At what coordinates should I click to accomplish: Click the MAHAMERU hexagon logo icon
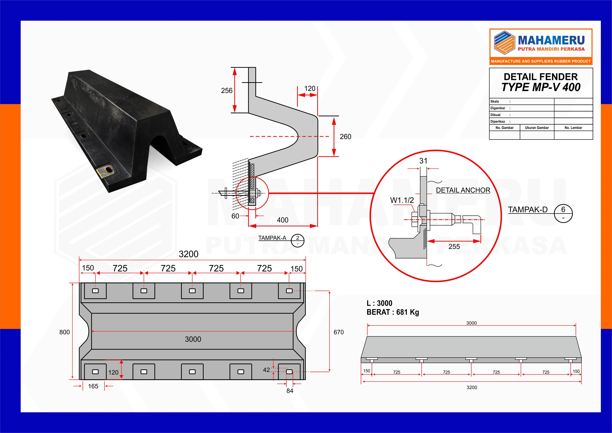(504, 43)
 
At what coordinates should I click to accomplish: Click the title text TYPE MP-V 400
(541, 87)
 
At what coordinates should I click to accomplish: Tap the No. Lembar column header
(573, 128)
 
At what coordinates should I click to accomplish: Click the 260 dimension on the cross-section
(346, 137)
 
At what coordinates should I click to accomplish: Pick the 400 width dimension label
(283, 220)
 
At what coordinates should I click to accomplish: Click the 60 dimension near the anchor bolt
(235, 216)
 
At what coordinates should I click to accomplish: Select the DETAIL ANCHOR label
(463, 190)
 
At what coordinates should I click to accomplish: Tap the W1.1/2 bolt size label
(402, 200)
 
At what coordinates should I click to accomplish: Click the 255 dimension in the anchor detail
(454, 247)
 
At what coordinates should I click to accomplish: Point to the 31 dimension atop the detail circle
(423, 161)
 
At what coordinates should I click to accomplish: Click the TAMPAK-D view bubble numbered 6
(563, 213)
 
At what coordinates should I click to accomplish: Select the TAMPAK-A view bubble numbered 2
(298, 241)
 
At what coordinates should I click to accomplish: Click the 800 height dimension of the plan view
(65, 332)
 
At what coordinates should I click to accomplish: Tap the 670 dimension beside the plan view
(339, 332)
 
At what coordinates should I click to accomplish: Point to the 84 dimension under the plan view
(290, 391)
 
